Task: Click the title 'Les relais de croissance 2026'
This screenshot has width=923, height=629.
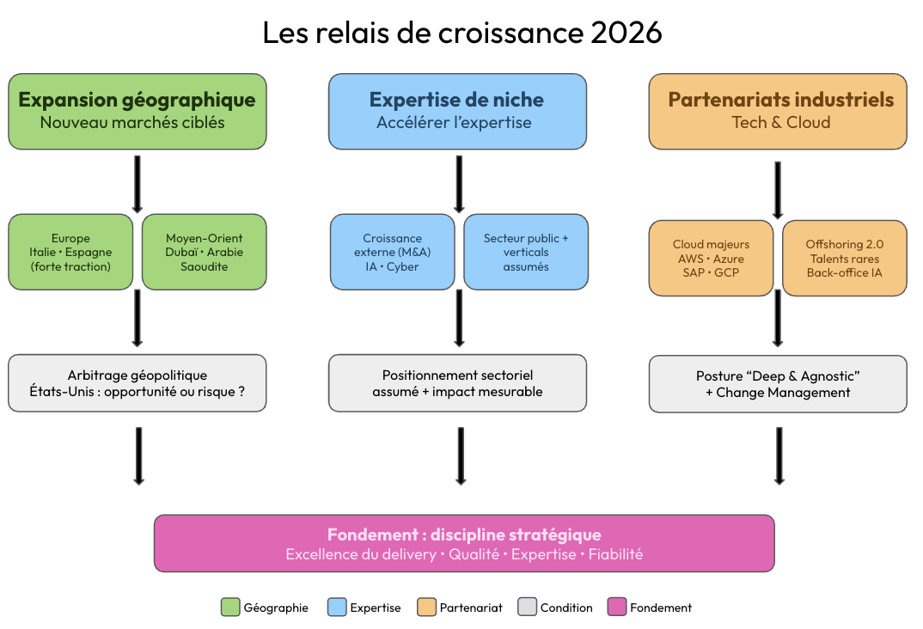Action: [462, 33]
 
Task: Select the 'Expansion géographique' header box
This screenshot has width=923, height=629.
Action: [138, 111]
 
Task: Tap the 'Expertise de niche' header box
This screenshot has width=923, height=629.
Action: [457, 111]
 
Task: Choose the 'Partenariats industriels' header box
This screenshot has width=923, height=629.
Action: [778, 111]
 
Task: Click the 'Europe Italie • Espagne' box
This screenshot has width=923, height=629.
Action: [70, 252]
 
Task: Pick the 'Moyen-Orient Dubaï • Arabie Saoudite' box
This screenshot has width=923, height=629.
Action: [205, 252]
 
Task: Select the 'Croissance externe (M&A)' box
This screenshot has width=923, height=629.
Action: [392, 252]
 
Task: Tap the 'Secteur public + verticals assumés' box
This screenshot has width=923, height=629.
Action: [526, 252]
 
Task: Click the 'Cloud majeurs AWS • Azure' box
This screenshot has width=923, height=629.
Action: [711, 258]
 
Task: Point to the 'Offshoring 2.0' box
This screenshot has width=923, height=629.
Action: [845, 258]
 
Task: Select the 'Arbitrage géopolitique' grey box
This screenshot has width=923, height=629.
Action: [138, 383]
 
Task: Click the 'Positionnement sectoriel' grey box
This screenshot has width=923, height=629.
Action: [457, 383]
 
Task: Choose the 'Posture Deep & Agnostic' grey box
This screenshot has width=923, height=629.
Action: [778, 383]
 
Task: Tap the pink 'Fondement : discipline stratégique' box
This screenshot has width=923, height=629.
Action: [464, 543]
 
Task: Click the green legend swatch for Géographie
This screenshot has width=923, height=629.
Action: [230, 608]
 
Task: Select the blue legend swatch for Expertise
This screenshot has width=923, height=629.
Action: [337, 608]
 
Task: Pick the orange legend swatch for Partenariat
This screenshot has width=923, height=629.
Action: [427, 608]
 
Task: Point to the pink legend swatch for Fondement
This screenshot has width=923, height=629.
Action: [617, 608]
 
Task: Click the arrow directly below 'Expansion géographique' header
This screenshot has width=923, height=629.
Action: [138, 184]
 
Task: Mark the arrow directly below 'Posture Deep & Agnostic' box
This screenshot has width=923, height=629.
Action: [779, 456]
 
